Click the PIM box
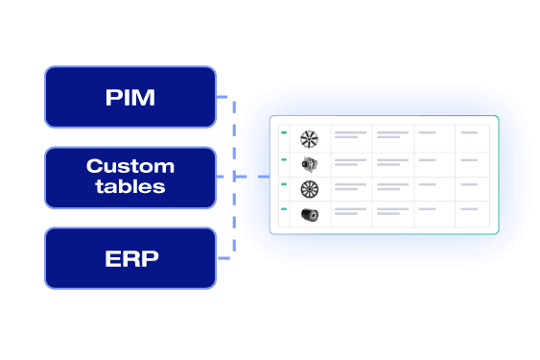pos(130,97)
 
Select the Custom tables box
pos(130,177)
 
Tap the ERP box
pos(130,258)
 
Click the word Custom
pos(130,166)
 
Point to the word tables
pos(130,187)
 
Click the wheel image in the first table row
pos(309,138)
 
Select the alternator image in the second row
pos(309,164)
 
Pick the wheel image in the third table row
pos(309,189)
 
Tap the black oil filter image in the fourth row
pos(309,214)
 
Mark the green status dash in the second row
pos(283,158)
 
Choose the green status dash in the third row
pos(283,183)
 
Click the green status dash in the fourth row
pos(283,208)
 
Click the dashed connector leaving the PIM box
pos(226,97)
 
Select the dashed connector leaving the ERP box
pos(226,257)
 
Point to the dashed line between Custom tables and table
pos(251,177)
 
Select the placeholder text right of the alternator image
pos(350,161)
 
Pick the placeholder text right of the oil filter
pos(350,211)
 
